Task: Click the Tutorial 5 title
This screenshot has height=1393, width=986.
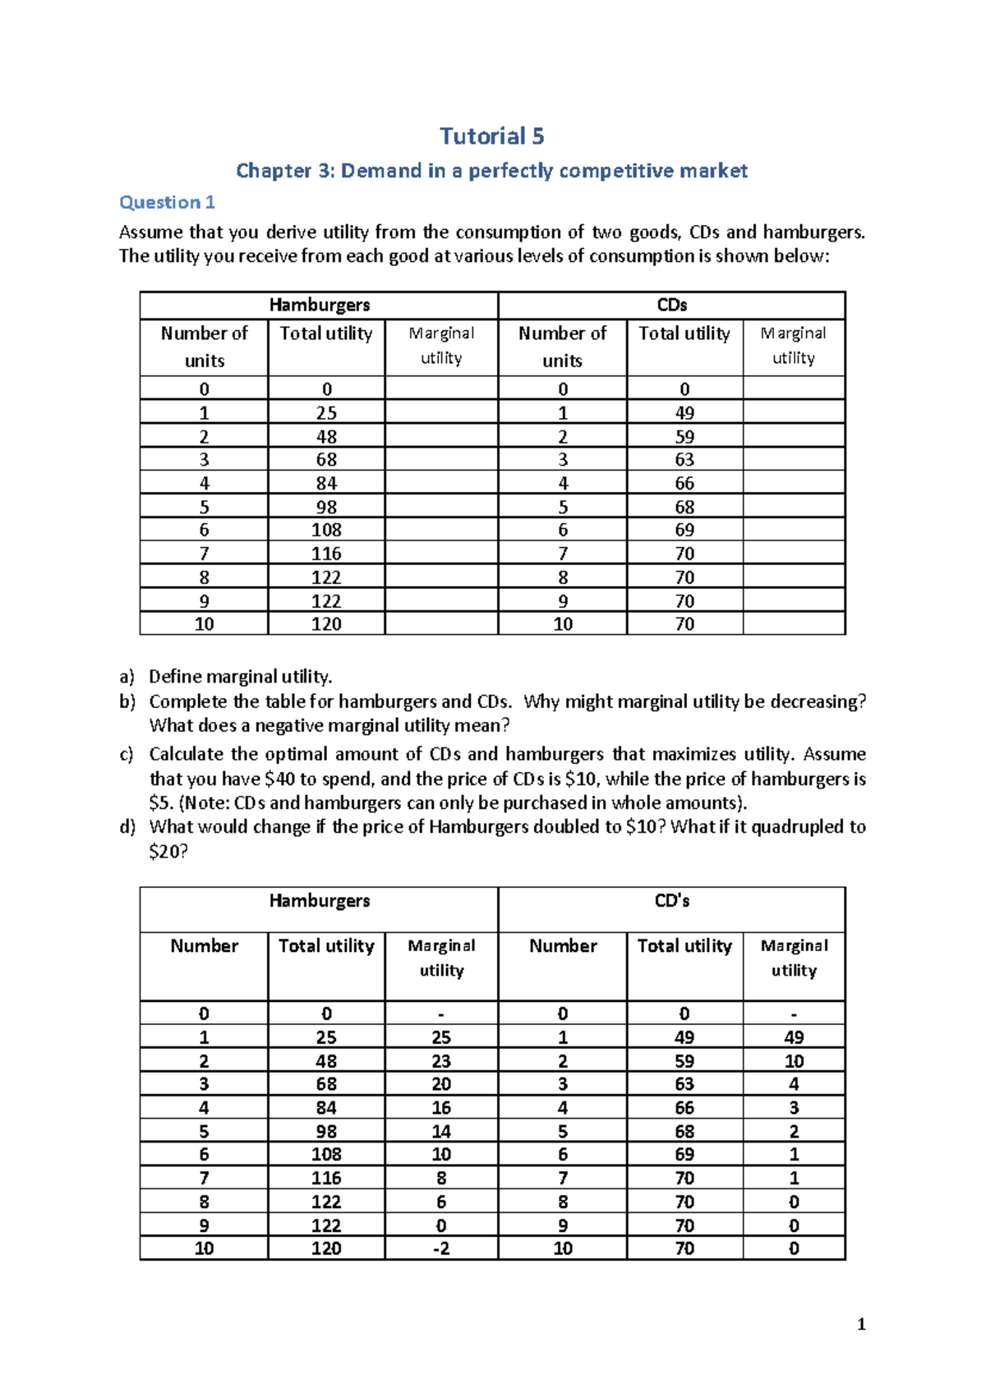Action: [x=491, y=136]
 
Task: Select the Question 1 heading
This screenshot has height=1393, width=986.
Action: [x=167, y=202]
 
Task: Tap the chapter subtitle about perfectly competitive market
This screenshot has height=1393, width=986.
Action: [x=491, y=171]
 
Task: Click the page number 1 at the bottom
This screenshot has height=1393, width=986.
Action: [x=860, y=1324]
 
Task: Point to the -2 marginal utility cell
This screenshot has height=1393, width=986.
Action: [x=441, y=1248]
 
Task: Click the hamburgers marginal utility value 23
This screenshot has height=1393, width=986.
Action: [x=441, y=1061]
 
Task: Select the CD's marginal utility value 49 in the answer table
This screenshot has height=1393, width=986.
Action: [x=794, y=1037]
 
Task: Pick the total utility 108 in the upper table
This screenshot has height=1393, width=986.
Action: [x=326, y=530]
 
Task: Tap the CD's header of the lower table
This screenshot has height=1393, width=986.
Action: [x=671, y=901]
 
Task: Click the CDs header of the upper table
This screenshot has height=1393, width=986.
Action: [x=671, y=305]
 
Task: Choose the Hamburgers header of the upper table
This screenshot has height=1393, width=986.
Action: [x=319, y=305]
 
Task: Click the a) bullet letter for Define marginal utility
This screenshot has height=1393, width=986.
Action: [x=127, y=677]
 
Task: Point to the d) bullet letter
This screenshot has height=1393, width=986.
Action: [x=127, y=827]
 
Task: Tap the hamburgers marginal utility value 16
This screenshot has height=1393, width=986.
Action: [x=441, y=1108]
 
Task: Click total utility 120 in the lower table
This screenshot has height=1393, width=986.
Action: [x=326, y=1248]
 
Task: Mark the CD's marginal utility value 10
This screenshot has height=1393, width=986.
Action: [x=794, y=1061]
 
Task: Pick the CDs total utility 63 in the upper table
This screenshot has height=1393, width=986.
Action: [x=684, y=460]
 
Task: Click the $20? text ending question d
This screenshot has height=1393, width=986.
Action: [x=168, y=852]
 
